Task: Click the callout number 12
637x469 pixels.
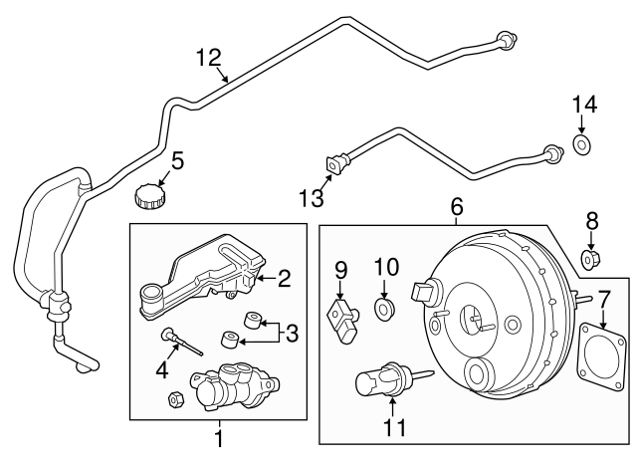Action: (x=209, y=58)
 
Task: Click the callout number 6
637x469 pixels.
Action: (x=457, y=207)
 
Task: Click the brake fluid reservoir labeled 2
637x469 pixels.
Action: (x=204, y=275)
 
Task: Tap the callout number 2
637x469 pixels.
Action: (x=284, y=279)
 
